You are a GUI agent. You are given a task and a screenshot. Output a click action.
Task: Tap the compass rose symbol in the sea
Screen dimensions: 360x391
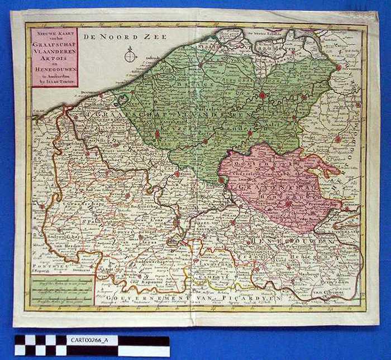tap(131, 55)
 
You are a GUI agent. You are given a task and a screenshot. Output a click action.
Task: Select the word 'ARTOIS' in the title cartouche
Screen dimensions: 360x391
tap(54, 54)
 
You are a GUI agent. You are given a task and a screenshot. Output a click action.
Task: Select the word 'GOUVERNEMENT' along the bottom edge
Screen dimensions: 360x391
tap(140, 300)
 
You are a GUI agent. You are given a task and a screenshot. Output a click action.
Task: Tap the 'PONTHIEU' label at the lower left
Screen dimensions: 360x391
tap(45, 267)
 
